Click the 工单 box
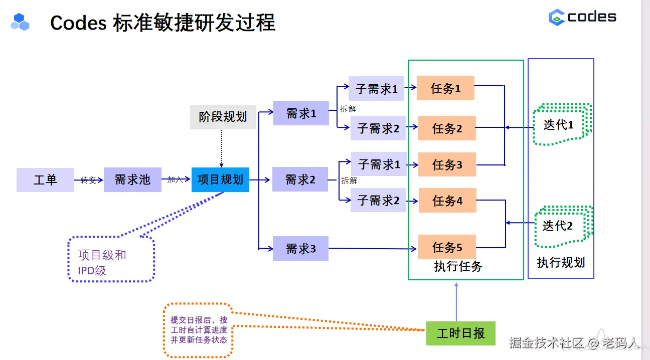(45, 180)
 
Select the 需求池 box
(132, 179)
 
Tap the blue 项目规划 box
(220, 179)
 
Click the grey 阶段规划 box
(223, 117)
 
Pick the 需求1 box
(301, 113)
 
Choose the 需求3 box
(300, 248)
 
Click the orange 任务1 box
(445, 88)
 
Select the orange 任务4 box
(447, 200)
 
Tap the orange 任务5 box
(447, 247)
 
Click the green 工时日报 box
(461, 333)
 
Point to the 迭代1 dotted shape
(562, 124)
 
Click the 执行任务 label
(458, 266)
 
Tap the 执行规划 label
(561, 263)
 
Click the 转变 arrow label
(88, 180)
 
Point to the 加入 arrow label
(175, 179)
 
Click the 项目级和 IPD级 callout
(111, 259)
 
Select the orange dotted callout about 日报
(199, 330)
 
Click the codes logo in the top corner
(582, 17)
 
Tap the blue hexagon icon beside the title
(20, 22)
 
